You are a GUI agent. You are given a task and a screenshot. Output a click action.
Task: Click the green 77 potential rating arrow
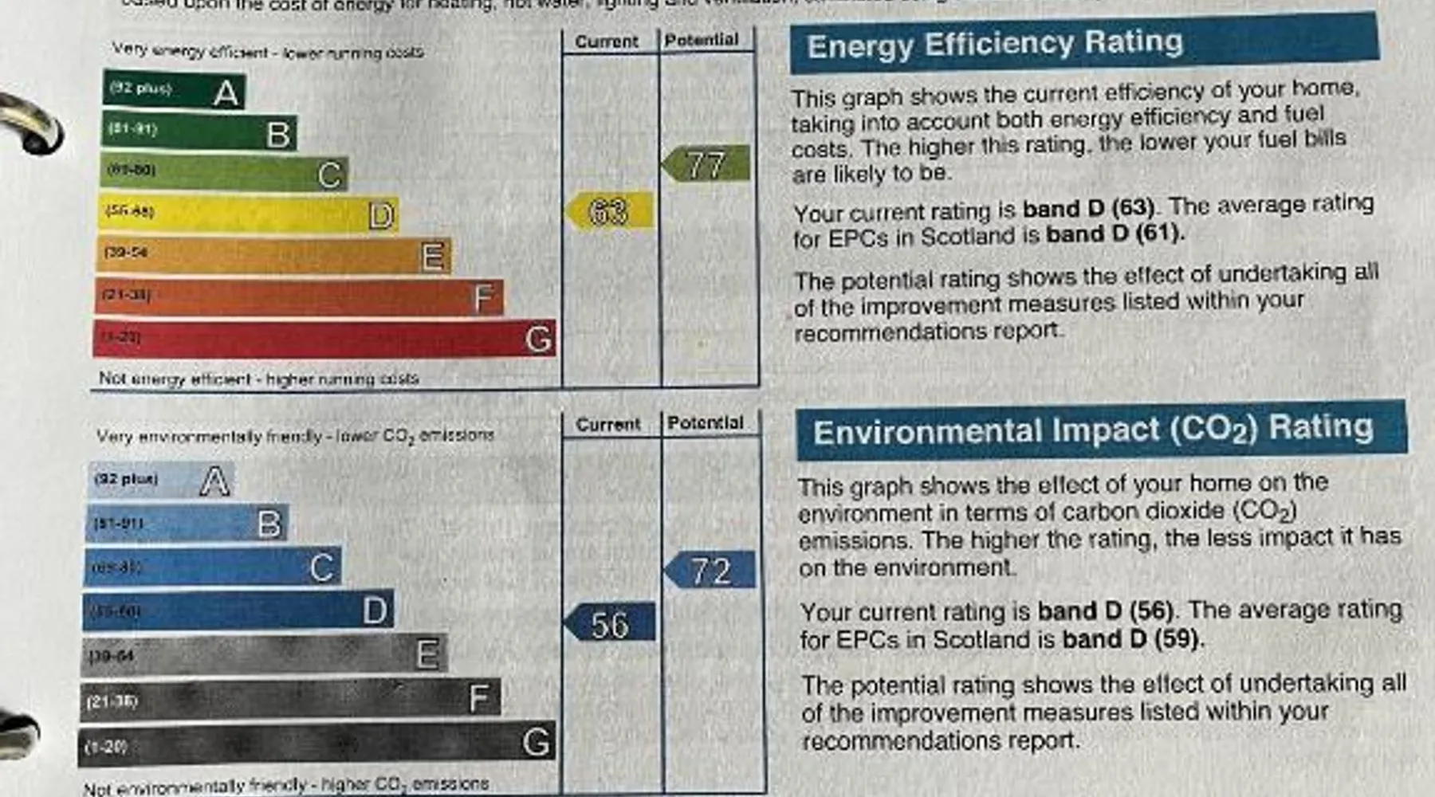(x=706, y=164)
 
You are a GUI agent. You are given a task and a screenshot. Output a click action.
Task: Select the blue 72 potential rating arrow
(x=710, y=571)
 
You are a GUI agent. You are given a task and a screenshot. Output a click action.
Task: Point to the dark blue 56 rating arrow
(x=610, y=624)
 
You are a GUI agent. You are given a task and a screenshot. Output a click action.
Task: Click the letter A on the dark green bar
(x=226, y=94)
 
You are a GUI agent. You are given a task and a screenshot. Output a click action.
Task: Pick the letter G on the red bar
(x=538, y=340)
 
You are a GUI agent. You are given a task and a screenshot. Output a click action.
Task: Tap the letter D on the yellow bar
(x=381, y=215)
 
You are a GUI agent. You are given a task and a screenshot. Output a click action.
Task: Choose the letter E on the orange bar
(x=432, y=257)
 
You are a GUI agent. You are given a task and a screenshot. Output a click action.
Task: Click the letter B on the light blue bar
(x=269, y=524)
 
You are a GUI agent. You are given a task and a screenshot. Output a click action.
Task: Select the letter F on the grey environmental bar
(x=478, y=699)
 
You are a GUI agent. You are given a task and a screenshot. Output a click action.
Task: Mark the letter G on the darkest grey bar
(x=536, y=743)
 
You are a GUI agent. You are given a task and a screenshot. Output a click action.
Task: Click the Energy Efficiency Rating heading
(x=994, y=43)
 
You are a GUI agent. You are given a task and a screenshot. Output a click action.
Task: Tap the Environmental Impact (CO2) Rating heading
(x=1093, y=430)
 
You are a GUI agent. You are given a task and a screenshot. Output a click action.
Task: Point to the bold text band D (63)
(x=1088, y=209)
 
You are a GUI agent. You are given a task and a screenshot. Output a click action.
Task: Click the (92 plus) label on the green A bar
(x=140, y=88)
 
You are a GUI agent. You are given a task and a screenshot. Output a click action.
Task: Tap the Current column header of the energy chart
(x=607, y=41)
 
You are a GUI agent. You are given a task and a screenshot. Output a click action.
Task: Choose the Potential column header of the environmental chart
(x=706, y=423)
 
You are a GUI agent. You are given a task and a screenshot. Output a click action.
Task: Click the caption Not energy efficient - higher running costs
(x=258, y=379)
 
